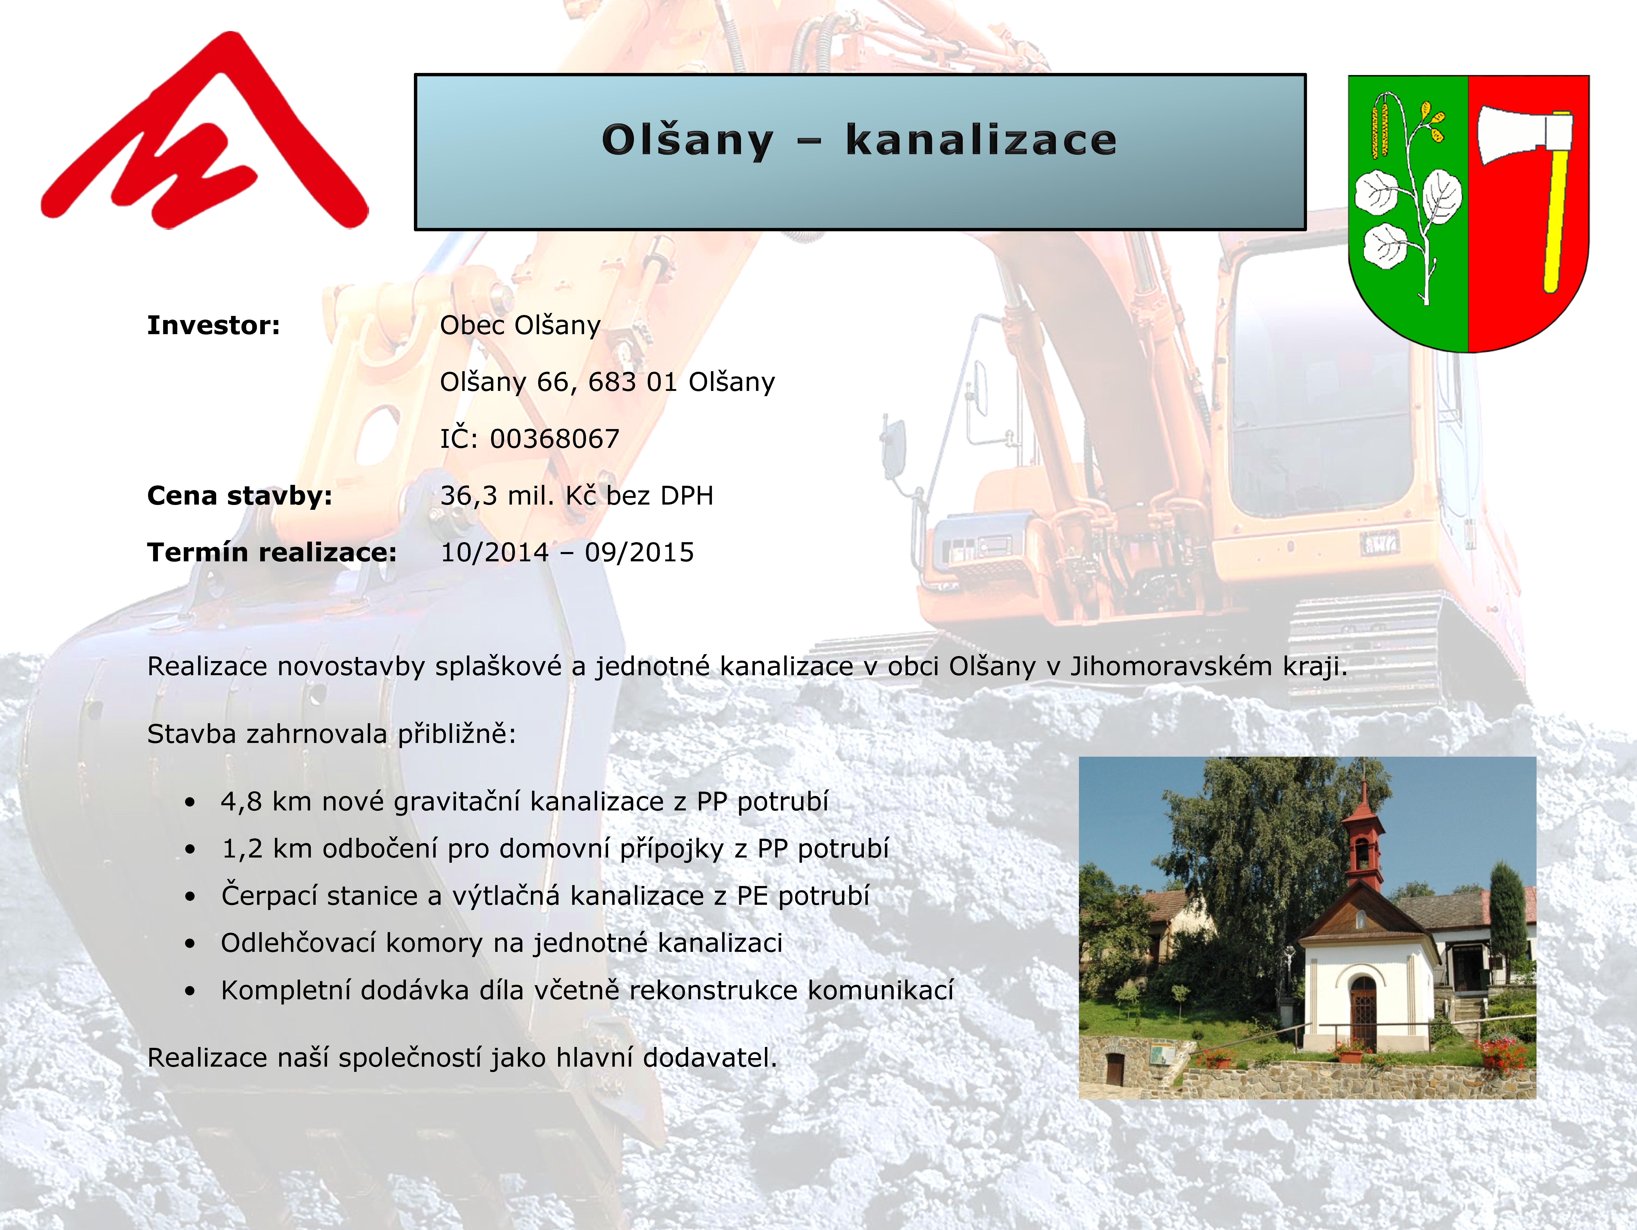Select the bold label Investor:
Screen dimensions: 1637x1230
click(213, 325)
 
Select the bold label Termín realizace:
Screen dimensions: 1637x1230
click(272, 552)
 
